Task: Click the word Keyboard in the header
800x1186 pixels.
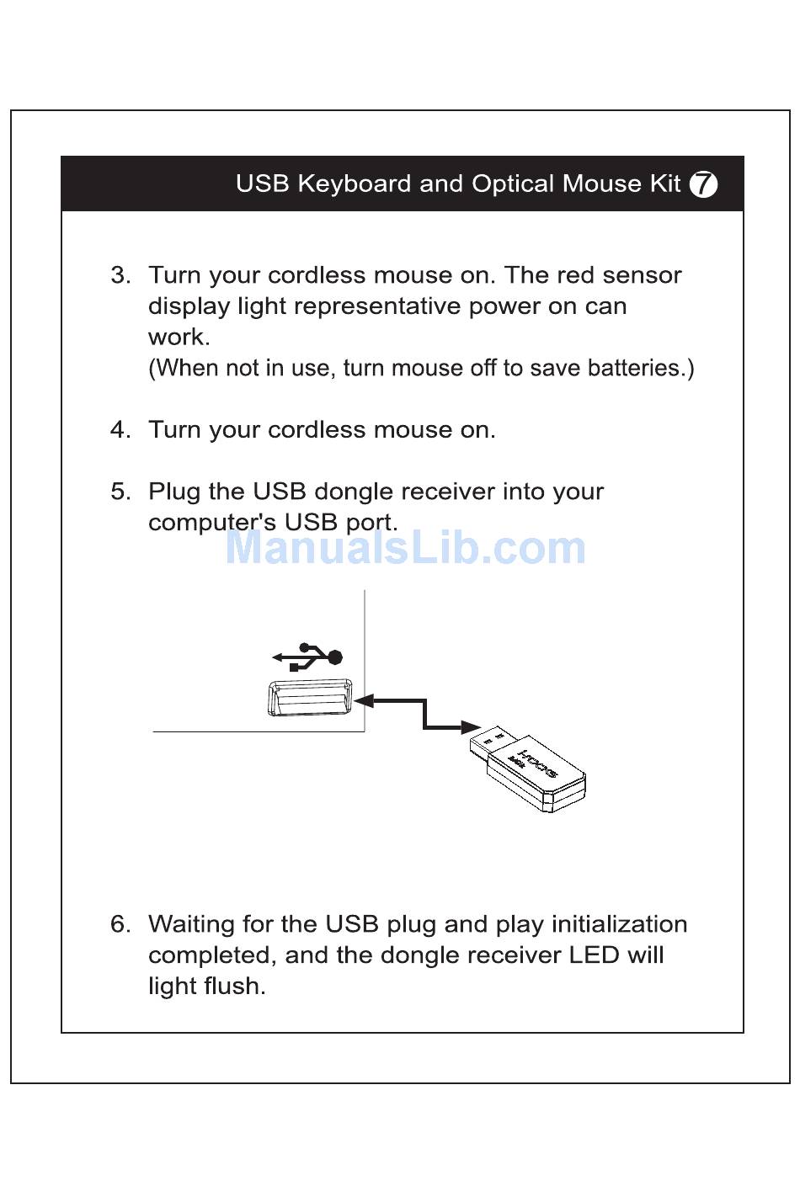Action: coord(354,184)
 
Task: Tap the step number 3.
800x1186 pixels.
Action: coord(120,275)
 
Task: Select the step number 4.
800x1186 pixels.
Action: coord(120,429)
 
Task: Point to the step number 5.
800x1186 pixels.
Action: coord(120,492)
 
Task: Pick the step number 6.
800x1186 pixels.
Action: coord(120,924)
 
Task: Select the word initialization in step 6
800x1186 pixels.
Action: coord(619,924)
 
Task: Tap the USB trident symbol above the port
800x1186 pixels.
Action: coord(307,657)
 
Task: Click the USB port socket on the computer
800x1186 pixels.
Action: coord(310,698)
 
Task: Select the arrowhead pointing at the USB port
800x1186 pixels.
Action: coord(364,701)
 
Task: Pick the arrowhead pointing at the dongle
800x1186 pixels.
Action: coord(471,727)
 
